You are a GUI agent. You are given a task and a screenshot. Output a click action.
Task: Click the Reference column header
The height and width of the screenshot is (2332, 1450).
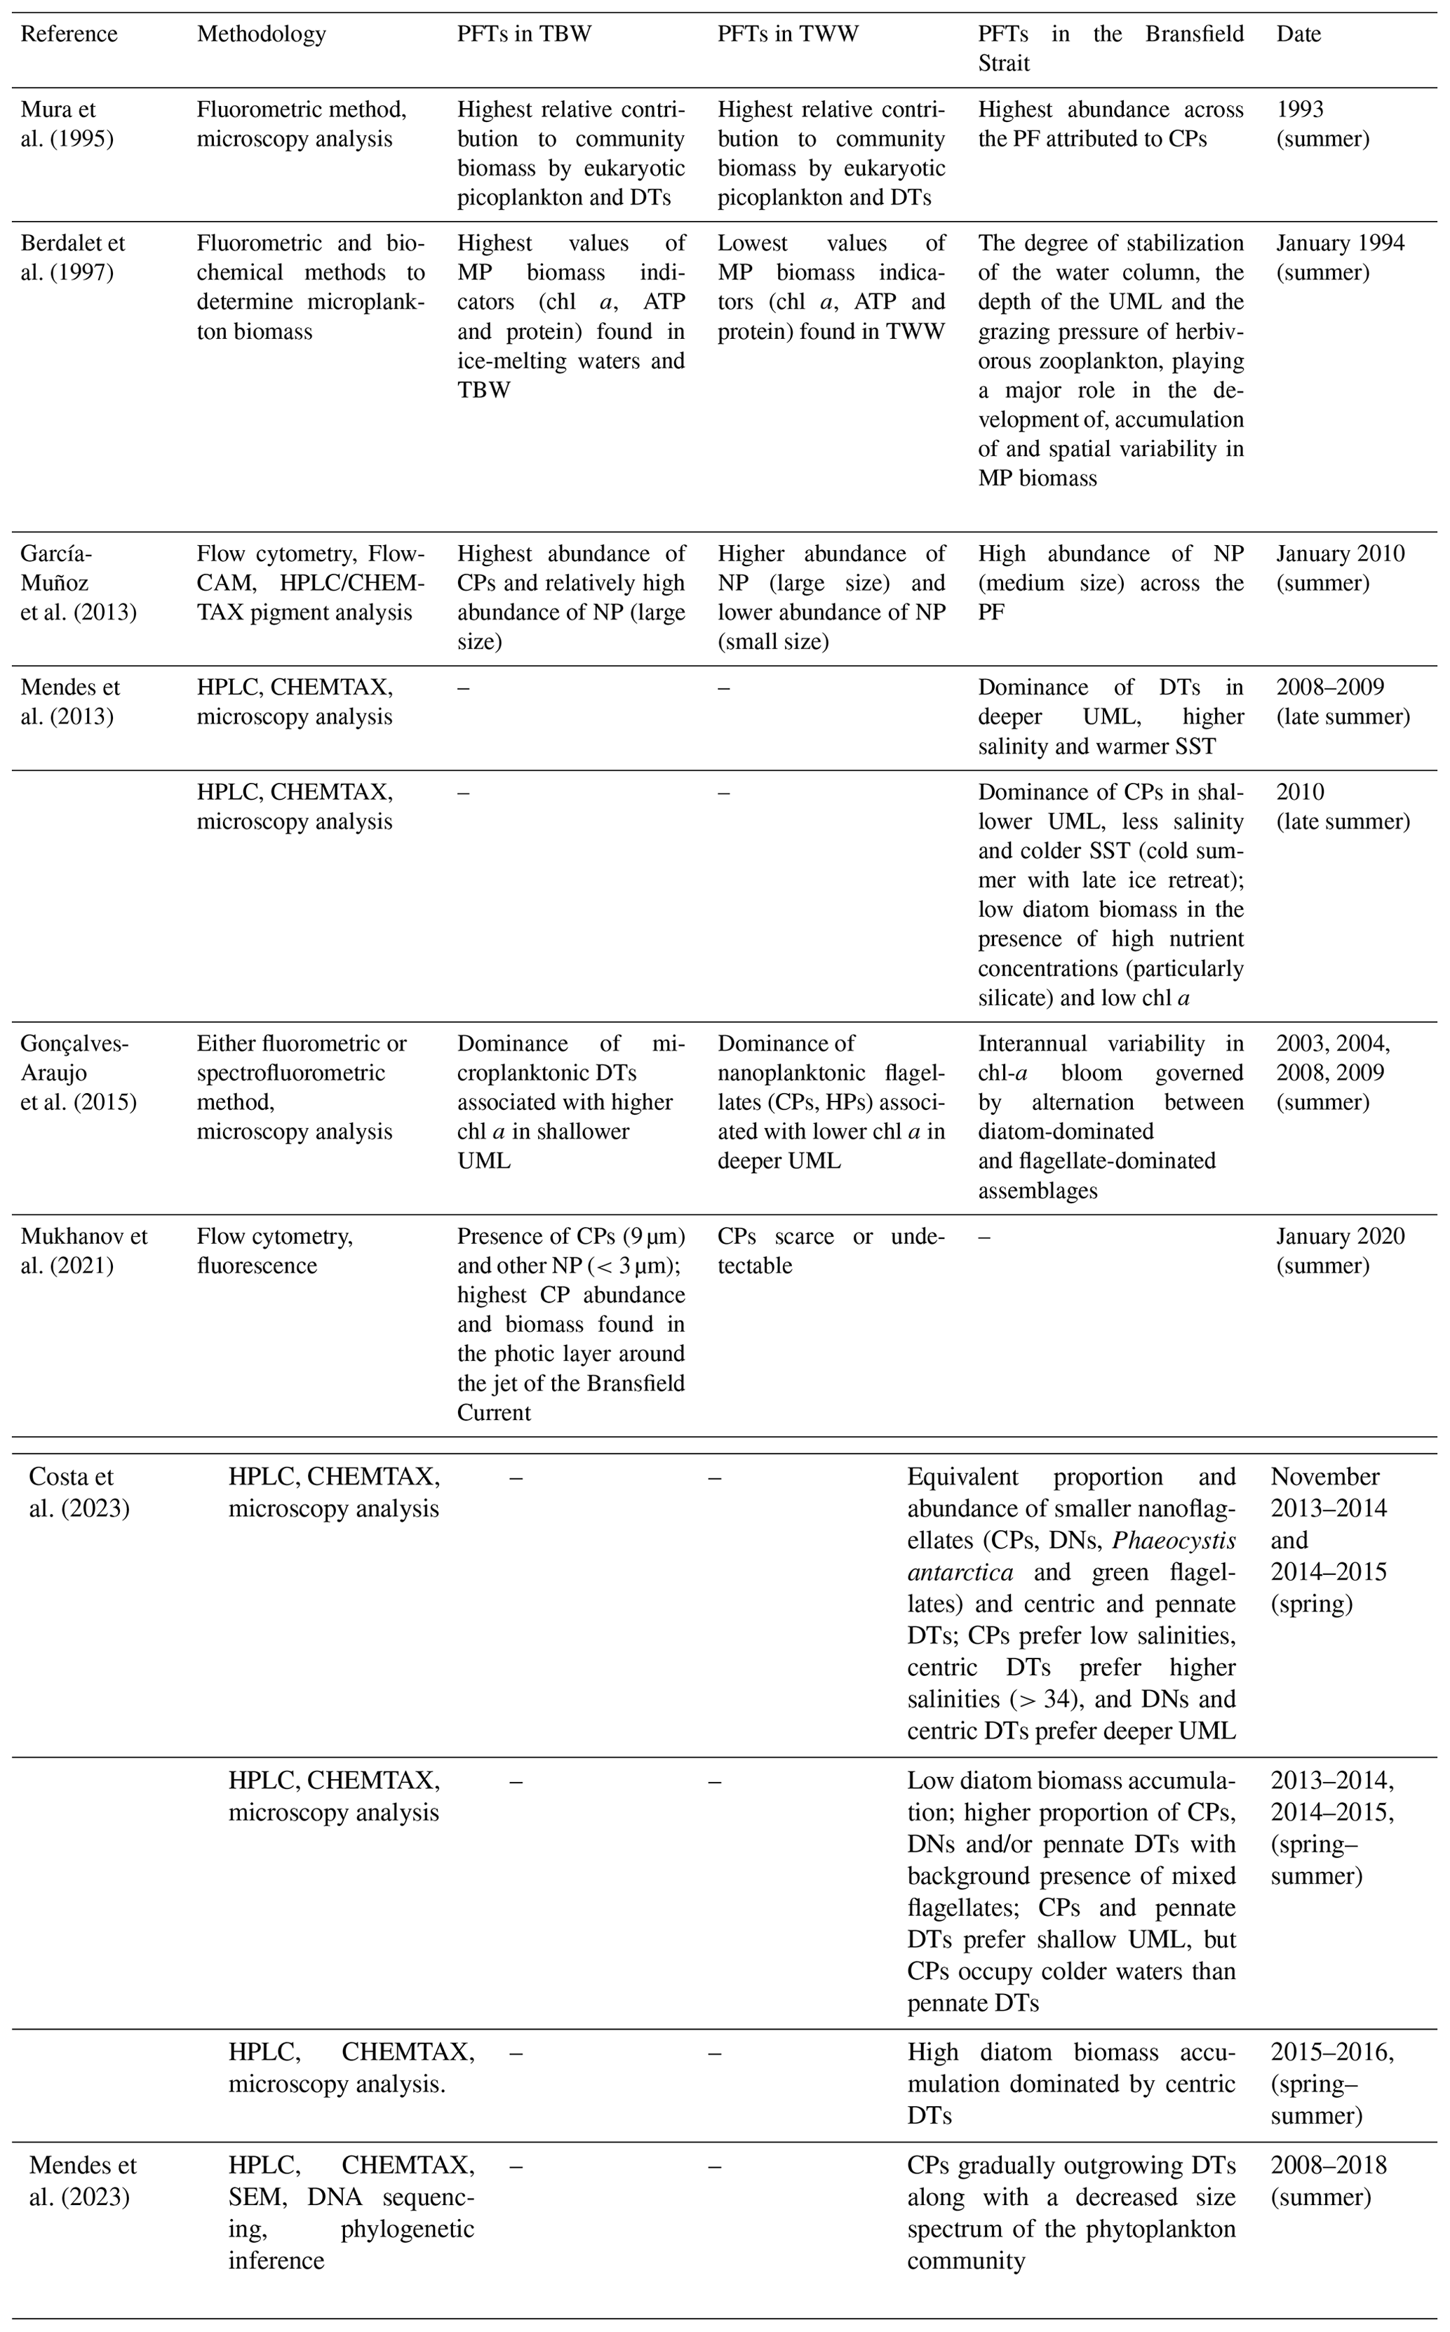(69, 34)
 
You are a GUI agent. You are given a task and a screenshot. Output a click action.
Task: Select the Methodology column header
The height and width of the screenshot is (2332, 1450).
(261, 34)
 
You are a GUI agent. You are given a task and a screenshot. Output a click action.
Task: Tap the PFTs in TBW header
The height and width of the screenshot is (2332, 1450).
(523, 34)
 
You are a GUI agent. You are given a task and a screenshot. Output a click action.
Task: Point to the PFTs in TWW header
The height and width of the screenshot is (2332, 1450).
(787, 34)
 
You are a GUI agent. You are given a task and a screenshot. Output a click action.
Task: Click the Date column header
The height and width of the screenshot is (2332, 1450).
(1298, 34)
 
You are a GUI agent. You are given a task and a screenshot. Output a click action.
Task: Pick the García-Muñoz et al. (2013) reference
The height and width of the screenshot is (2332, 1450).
(78, 583)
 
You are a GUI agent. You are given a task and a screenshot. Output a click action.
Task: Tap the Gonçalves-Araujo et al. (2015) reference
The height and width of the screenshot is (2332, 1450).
(78, 1072)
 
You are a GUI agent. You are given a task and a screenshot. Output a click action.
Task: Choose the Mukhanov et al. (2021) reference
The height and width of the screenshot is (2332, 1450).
(84, 1250)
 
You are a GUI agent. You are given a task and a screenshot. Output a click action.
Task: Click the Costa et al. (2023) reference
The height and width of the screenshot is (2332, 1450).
(79, 1492)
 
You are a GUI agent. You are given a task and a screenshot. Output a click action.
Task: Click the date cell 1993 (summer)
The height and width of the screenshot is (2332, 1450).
(1322, 125)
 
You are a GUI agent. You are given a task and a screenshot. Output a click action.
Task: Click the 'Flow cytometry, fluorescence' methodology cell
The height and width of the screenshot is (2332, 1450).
(274, 1250)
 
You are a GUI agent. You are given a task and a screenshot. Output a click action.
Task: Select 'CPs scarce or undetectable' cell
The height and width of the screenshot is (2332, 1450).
(831, 1250)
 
